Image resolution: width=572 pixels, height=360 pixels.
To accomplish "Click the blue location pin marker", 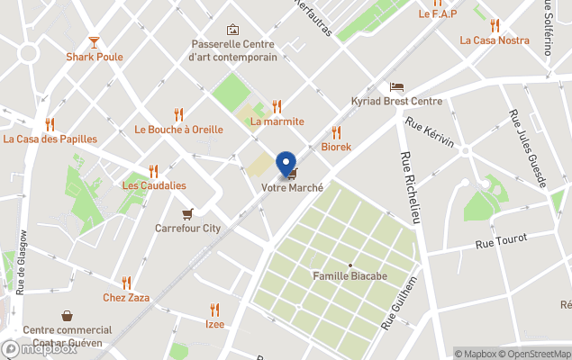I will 286,164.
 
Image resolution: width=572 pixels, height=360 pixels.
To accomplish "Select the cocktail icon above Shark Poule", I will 95,41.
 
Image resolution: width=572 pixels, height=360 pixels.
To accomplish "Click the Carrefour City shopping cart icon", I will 187,214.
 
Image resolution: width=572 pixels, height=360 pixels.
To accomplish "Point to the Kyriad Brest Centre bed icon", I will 396,86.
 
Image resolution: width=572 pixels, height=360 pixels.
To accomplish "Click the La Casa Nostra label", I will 495,40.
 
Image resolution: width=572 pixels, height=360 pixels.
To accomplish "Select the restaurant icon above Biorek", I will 336,132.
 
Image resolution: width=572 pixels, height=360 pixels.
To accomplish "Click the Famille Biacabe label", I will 350,276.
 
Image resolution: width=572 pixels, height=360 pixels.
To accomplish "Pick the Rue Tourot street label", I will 502,240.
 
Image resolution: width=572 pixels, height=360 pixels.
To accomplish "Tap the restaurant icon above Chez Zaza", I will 126,283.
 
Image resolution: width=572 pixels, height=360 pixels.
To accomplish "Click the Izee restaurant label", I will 214,324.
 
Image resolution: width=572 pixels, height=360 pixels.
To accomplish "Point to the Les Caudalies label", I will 154,185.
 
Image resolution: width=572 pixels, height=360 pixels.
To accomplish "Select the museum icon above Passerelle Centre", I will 232,30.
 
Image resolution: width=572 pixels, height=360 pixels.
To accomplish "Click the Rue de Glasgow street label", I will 20,262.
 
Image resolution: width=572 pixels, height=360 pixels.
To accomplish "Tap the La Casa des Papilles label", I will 50,139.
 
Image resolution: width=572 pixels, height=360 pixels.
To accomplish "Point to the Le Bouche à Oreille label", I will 178,129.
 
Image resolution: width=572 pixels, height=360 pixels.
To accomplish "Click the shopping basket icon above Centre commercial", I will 68,316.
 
